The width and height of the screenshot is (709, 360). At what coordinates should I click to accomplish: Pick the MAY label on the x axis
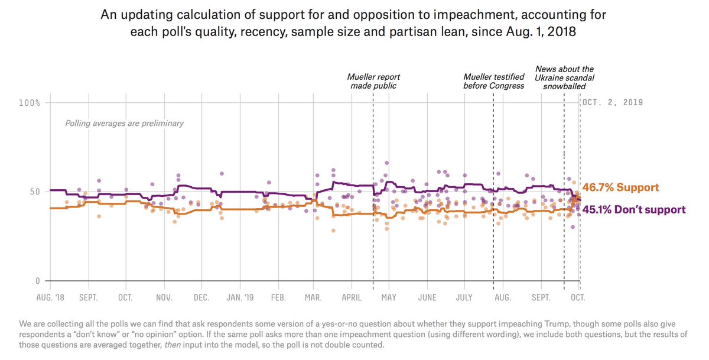point(388,297)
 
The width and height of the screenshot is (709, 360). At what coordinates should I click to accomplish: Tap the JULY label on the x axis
point(464,297)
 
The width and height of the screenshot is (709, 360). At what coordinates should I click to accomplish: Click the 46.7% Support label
point(620,187)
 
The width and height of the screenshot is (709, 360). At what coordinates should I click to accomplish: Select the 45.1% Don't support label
point(634,209)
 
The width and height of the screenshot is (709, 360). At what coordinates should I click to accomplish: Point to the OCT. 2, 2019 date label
point(613,102)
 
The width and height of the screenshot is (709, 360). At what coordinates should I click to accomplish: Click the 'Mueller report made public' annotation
point(373,81)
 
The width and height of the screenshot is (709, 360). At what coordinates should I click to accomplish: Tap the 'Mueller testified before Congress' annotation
point(493,81)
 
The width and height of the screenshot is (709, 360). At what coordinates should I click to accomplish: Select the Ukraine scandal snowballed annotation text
point(564,77)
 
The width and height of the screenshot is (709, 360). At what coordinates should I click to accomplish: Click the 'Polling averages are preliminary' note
point(124,124)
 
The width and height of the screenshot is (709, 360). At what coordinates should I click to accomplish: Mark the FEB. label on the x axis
point(278,297)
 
